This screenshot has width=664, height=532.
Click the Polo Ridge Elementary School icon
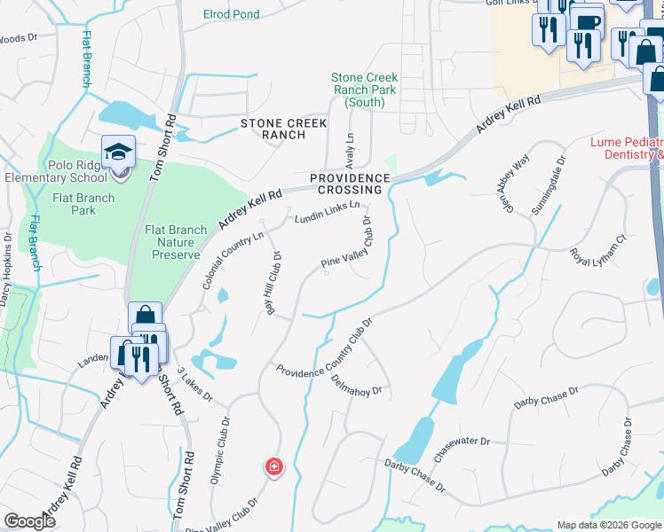click(x=118, y=153)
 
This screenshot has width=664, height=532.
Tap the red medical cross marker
click(x=274, y=466)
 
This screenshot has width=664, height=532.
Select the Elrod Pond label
click(x=232, y=14)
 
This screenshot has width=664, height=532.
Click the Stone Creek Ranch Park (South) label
click(x=365, y=90)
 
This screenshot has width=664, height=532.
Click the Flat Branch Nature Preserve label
click(x=176, y=242)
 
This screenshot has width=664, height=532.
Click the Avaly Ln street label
click(x=349, y=147)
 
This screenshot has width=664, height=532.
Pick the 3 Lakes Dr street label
click(x=194, y=384)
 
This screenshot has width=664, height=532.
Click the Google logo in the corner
click(x=29, y=521)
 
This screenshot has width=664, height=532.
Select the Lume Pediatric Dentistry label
click(x=627, y=148)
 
